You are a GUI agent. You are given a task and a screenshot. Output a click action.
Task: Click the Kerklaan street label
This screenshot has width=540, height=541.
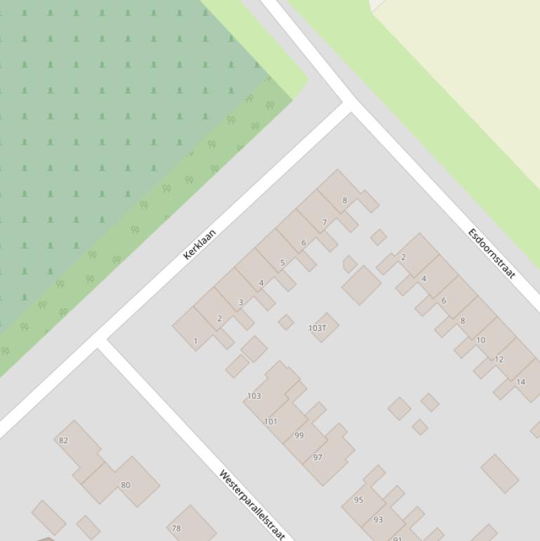199,244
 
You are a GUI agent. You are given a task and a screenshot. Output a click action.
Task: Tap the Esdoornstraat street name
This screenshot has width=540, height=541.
492,253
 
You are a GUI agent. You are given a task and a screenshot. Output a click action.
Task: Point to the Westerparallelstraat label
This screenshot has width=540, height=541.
251,504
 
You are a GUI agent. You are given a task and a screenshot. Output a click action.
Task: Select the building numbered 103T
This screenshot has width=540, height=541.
317,328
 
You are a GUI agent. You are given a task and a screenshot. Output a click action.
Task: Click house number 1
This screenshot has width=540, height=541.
195,341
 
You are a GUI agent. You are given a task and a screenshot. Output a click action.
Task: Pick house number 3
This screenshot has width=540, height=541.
240,303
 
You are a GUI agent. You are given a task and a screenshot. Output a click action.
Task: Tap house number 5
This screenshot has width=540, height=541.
282,263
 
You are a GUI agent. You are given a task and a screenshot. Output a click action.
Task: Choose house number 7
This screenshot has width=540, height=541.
324,223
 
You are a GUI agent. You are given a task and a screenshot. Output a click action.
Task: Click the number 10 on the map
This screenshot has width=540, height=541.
480,340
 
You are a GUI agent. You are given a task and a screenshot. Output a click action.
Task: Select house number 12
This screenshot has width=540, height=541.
499,360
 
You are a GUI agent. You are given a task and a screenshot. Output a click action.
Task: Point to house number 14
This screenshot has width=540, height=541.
520,382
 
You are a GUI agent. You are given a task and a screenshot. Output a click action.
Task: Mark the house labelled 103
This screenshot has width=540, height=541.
253,396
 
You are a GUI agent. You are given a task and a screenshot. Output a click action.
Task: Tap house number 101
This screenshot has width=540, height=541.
270,422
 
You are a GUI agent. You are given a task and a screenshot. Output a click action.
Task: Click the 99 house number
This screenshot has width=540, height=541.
299,436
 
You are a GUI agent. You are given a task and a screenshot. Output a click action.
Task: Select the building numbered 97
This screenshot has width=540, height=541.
317,457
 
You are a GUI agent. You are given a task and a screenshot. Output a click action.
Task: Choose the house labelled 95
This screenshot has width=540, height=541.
358,500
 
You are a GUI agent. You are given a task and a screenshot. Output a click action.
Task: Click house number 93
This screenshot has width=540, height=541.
378,520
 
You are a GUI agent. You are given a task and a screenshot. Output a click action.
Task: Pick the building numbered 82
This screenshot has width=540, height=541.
63,441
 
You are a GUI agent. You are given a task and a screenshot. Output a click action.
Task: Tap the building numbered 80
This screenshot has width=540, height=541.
125,485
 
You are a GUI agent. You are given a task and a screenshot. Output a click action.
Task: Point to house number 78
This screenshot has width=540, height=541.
176,528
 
